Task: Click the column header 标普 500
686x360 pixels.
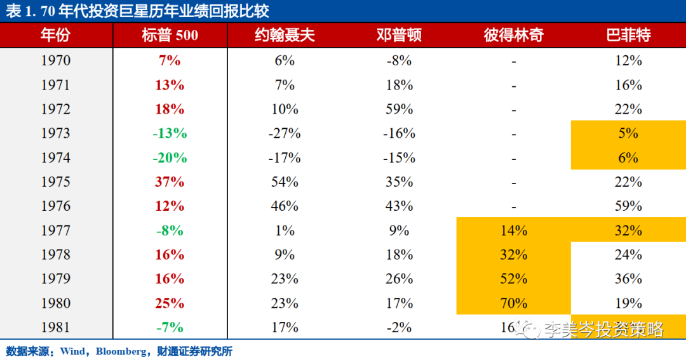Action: coord(170,35)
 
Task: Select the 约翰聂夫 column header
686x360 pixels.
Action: coord(284,35)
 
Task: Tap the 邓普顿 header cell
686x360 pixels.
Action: coord(399,35)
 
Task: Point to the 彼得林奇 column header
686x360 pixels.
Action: coord(513,35)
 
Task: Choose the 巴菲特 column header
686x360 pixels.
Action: coord(628,35)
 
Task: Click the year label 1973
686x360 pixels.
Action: coord(56,133)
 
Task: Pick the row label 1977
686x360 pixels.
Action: coord(56,230)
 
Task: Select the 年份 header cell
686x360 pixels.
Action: coord(56,35)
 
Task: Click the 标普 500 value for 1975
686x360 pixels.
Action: coord(170,182)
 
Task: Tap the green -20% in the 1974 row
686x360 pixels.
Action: coord(170,157)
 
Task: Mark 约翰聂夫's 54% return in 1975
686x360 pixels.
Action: coord(284,182)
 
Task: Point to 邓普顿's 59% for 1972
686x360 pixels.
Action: coord(399,109)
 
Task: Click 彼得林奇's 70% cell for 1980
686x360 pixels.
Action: coord(513,303)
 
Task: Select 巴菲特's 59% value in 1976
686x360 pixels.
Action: coord(628,206)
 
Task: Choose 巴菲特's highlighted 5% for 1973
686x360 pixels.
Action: coord(628,133)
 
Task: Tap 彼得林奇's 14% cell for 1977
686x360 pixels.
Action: coord(513,230)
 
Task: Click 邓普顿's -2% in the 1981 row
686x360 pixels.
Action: coord(399,328)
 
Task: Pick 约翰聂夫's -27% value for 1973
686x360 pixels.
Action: coord(284,133)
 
